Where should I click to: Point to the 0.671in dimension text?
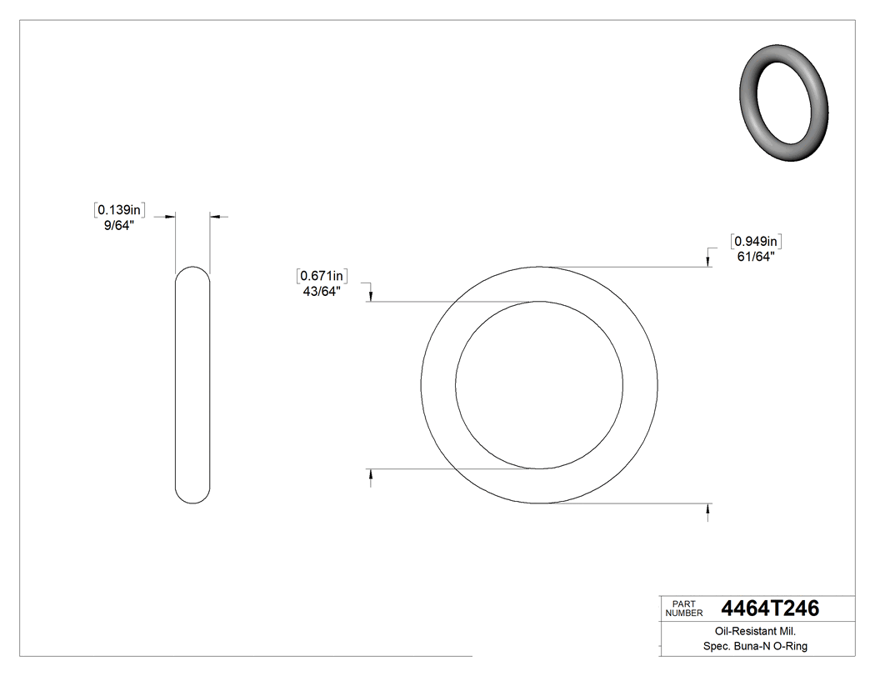pyautogui.click(x=321, y=276)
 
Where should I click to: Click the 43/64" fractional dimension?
pyautogui.click(x=321, y=291)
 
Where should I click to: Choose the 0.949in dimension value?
pyautogui.click(x=755, y=242)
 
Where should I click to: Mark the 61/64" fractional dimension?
pyautogui.click(x=755, y=257)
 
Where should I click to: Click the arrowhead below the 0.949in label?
pyautogui.click(x=708, y=262)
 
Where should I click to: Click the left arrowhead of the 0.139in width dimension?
pyautogui.click(x=171, y=217)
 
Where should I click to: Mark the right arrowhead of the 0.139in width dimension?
pyautogui.click(x=214, y=217)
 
